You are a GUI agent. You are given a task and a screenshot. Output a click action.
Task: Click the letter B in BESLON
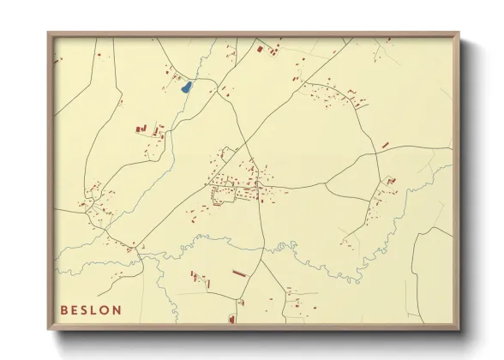pos(63,310)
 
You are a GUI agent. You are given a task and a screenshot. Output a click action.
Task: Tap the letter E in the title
pos(75,310)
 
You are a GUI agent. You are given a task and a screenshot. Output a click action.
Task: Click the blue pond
pos(185,86)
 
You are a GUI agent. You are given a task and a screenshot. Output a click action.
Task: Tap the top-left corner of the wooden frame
pos(48,33)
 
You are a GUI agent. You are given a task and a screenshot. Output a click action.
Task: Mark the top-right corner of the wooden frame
pos(459,33)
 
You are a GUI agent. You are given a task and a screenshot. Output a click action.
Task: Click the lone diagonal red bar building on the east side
pos(385,146)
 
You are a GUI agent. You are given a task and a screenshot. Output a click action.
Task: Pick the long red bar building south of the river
pos(239,272)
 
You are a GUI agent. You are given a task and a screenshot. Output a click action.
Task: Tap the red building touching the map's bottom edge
pos(231,320)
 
